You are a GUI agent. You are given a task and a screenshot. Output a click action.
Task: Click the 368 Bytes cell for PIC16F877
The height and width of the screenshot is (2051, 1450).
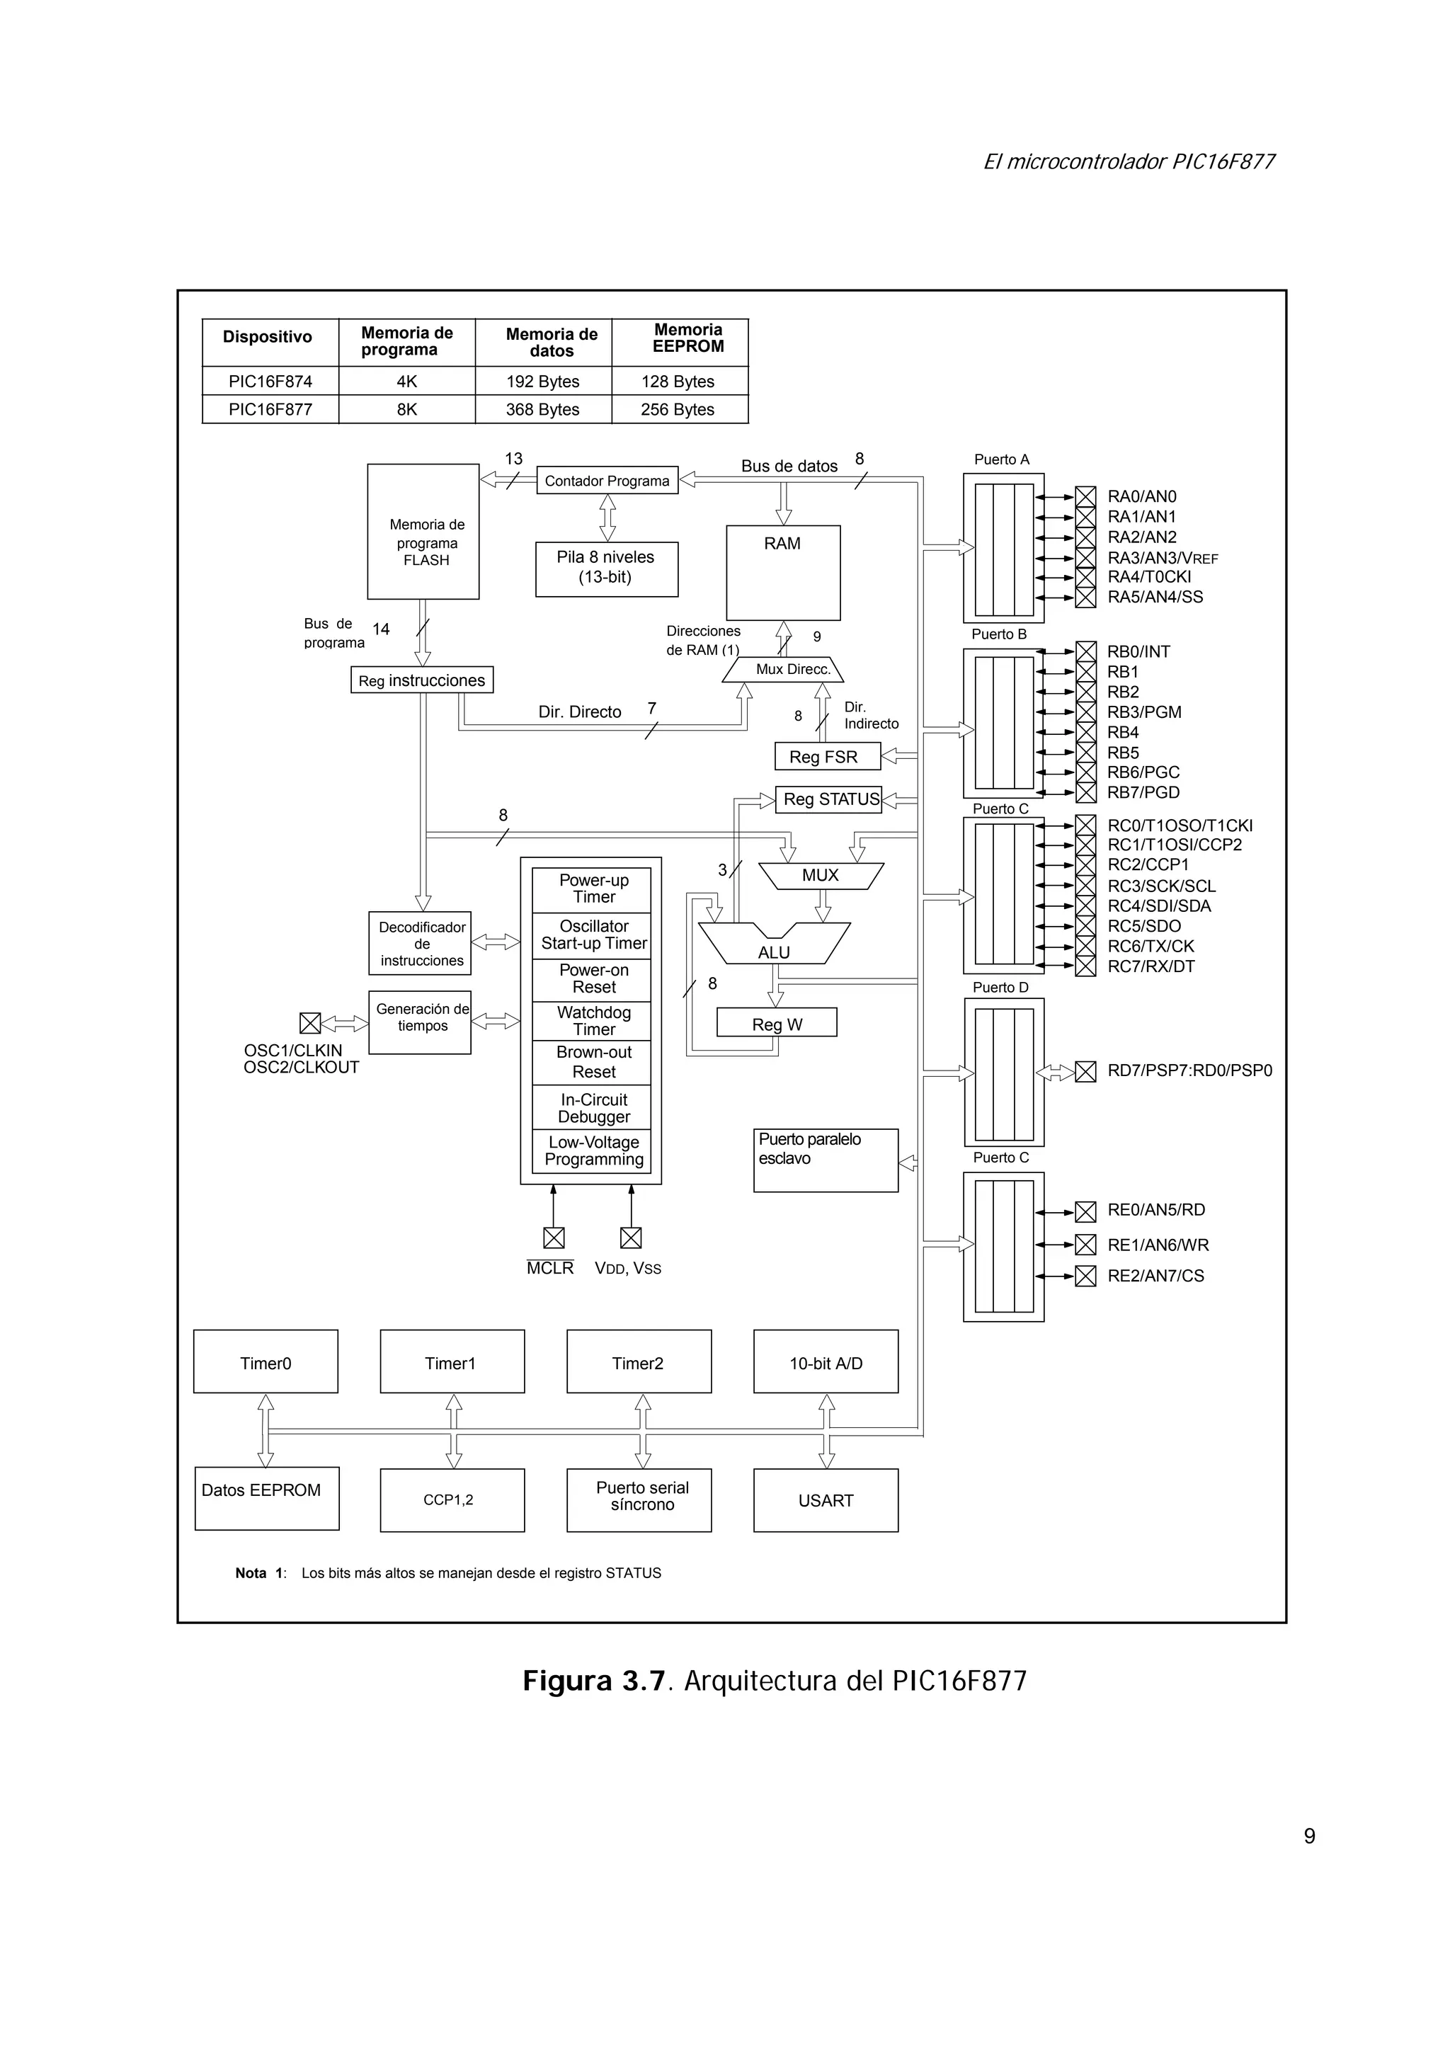(x=542, y=409)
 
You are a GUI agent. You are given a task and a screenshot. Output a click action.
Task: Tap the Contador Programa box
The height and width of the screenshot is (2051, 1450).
(x=607, y=481)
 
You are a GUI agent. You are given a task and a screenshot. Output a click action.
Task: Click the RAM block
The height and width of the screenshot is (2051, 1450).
(x=782, y=572)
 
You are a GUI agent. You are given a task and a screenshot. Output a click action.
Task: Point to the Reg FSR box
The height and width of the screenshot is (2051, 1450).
(x=826, y=757)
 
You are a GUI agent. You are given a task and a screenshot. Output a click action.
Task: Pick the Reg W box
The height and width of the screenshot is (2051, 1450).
(x=777, y=1024)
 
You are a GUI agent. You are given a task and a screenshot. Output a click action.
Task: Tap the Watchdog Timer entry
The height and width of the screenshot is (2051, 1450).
(x=593, y=1021)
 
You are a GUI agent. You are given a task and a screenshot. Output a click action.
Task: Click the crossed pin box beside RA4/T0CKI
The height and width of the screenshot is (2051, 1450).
(x=1085, y=577)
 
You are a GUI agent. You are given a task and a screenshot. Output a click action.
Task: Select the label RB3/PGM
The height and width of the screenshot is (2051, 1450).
(x=1143, y=712)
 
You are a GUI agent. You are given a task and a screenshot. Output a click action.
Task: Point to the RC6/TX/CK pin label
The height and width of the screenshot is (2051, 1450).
(x=1151, y=946)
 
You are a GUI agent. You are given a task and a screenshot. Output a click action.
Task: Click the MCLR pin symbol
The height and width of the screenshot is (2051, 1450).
(x=554, y=1238)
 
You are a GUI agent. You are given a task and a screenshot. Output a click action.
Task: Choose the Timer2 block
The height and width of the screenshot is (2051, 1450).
(x=638, y=1363)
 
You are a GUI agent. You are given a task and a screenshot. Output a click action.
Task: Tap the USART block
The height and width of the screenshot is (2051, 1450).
(x=826, y=1501)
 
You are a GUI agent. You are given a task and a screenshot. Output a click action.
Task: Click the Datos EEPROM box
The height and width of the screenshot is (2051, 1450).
(x=266, y=1499)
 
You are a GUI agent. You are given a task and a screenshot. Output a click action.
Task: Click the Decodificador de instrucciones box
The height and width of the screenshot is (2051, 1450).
(x=420, y=943)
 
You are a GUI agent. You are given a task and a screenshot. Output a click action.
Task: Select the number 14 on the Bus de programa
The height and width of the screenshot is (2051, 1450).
(x=382, y=629)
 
